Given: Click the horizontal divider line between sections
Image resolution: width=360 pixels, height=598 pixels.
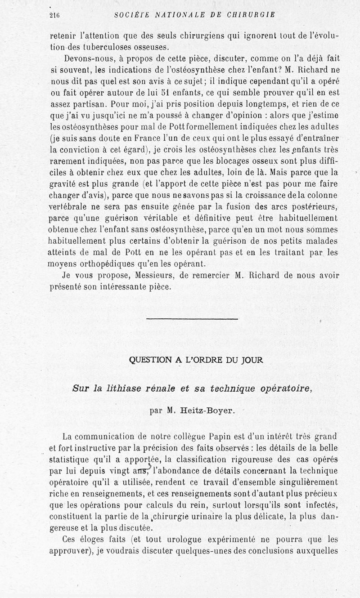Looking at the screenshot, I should tap(192, 319).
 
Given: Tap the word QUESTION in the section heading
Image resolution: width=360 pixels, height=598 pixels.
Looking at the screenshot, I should tap(148, 360).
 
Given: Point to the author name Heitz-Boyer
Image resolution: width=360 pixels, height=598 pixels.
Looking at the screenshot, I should tap(205, 410).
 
